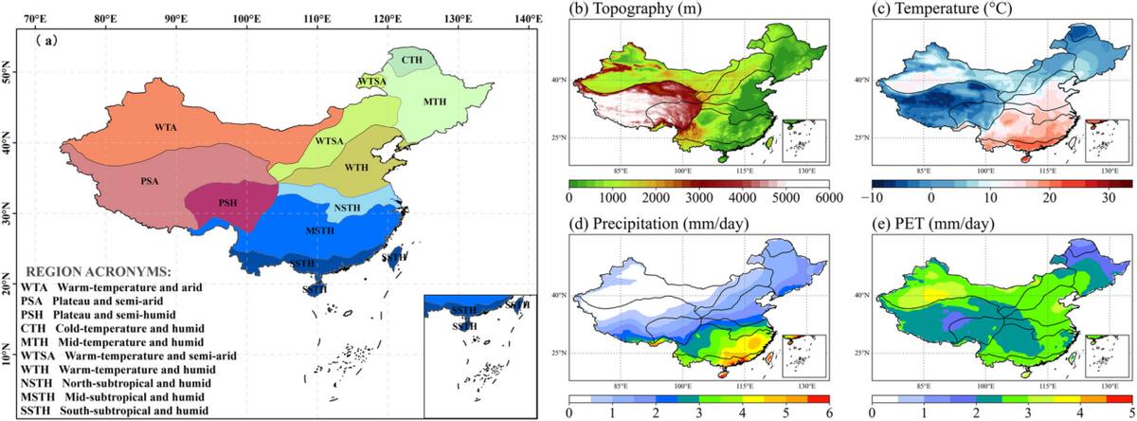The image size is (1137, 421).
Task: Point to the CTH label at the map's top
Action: point(411,60)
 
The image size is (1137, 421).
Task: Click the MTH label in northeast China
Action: point(435,101)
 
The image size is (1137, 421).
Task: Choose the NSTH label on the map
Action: point(348,209)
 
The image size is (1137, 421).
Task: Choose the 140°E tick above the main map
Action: point(527,18)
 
